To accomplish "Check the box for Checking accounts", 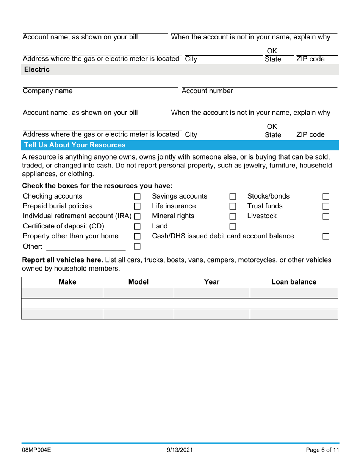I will pos(138,197).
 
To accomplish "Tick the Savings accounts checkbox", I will pos(233,197).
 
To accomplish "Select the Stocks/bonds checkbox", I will pos(326,197).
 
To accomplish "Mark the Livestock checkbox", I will pos(326,216).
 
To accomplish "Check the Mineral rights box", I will pos(233,216).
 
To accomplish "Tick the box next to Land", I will pos(233,227).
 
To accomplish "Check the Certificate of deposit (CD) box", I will pos(138,227).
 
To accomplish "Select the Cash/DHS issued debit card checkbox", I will pos(326,236).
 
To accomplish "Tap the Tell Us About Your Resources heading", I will pos(75,145).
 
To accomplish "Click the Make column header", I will pos(62,282).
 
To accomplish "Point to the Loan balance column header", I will pos(294,282).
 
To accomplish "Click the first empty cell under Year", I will pos(211,293).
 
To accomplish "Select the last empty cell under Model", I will pos(138,314).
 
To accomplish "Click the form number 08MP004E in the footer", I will pos(37,450).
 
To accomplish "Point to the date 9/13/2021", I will pos(180,450).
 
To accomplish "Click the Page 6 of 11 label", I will pos(322,450).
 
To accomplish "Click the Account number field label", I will pos(207,91).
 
